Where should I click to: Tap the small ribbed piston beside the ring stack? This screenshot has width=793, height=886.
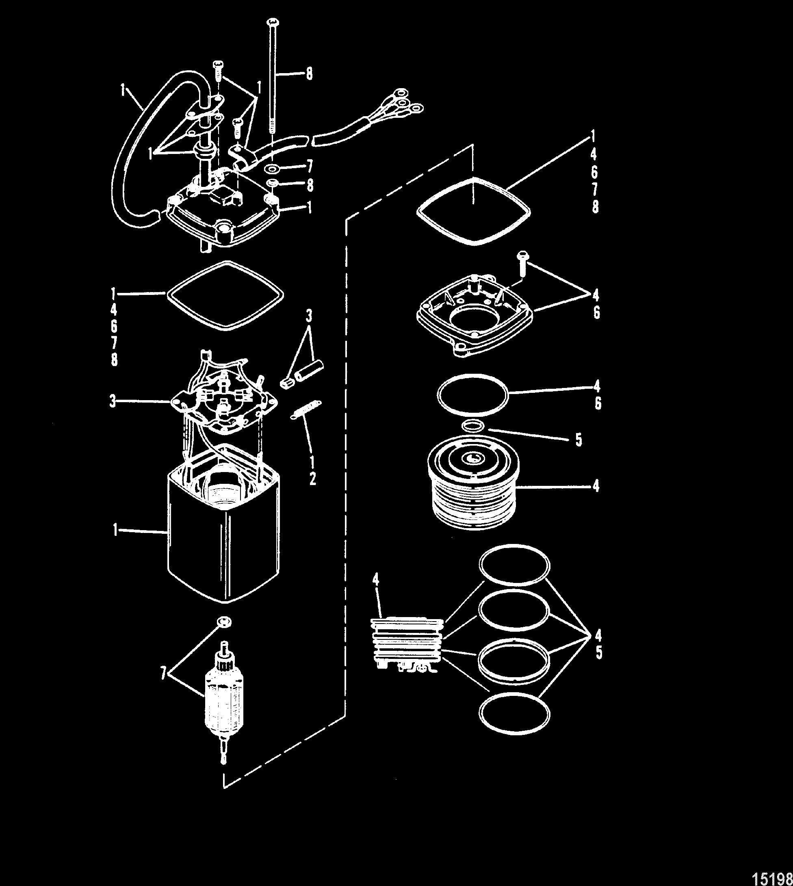click(x=407, y=645)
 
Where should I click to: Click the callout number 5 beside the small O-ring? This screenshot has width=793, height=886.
click(x=578, y=440)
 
